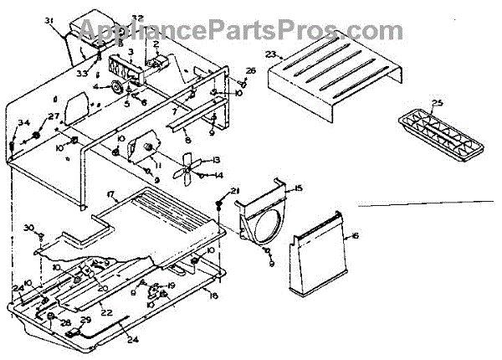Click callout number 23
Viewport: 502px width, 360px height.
click(270, 54)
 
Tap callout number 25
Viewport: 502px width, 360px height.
click(436, 105)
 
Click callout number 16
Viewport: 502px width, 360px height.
click(355, 238)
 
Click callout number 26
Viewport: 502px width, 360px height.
click(250, 71)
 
